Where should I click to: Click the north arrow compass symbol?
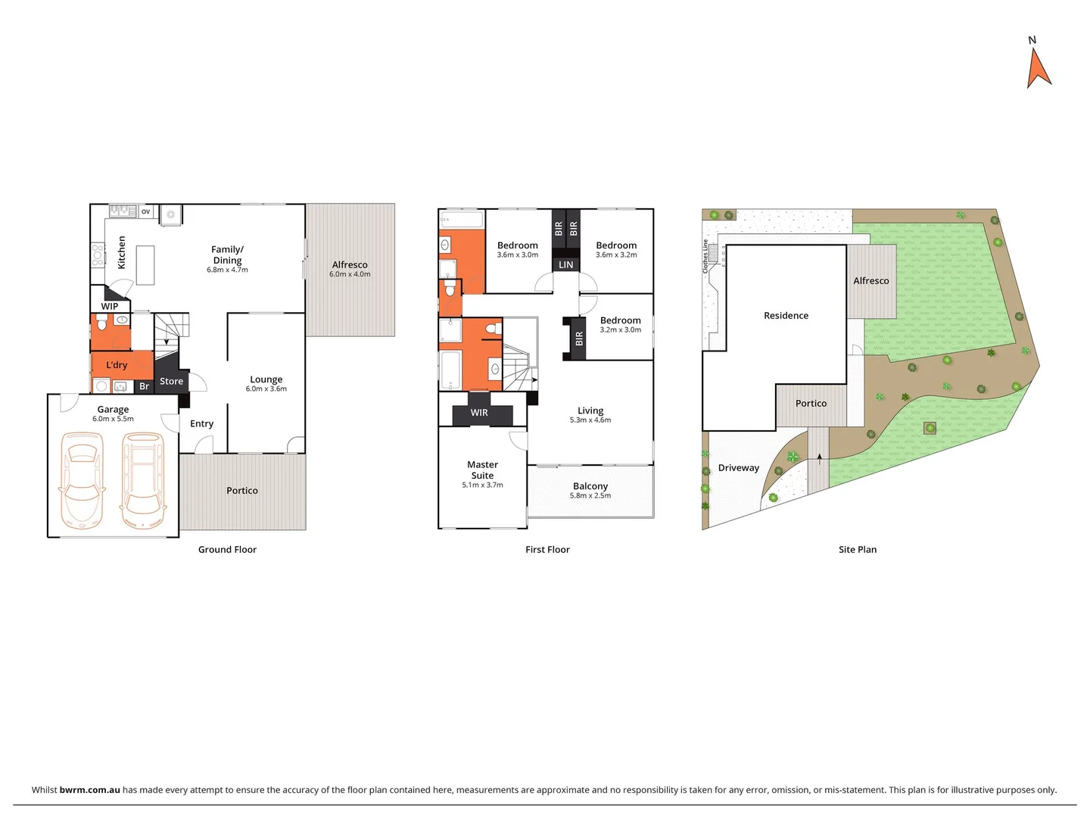pos(1039,68)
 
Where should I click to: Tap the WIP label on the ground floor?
pos(110,306)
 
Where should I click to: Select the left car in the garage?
pos(82,480)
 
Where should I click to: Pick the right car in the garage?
pos(143,480)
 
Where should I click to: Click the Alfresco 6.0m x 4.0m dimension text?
pos(350,274)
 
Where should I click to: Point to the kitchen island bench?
pos(145,265)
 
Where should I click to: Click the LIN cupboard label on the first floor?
pos(566,264)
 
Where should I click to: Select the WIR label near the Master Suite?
pos(479,413)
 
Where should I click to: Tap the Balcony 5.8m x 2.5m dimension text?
pos(590,495)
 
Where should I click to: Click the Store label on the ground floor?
pos(171,381)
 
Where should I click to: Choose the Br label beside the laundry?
pos(144,386)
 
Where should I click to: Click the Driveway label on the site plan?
pos(738,467)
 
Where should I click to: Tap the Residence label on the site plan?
pos(786,315)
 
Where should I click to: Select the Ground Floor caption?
pos(227,549)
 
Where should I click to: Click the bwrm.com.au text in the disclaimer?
pos(89,789)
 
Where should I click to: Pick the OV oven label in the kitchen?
pos(145,211)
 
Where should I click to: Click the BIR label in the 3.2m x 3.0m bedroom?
pos(579,338)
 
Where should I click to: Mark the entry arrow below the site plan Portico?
pos(819,457)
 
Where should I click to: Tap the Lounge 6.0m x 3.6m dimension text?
pos(266,389)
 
